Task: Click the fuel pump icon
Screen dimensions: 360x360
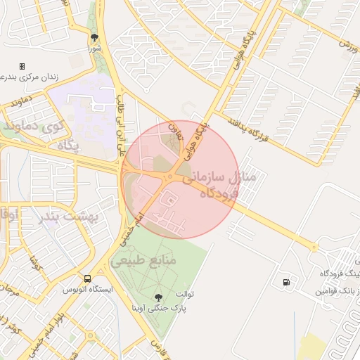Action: [x=285, y=283]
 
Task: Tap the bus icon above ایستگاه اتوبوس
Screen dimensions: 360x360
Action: [x=87, y=278]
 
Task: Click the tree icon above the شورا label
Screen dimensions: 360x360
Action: [x=94, y=37]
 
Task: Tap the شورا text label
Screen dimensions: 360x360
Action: [x=95, y=49]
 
